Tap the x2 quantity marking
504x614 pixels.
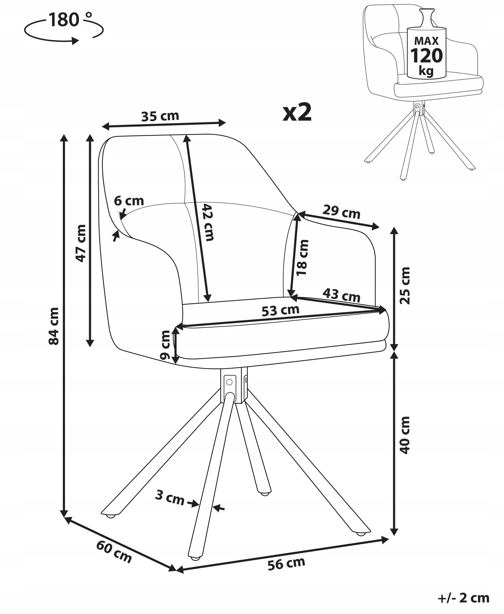297,112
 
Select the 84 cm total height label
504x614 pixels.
54,326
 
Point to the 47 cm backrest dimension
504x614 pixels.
81,243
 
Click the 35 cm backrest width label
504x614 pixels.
160,116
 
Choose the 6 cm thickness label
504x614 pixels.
129,201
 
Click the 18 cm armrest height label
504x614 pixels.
302,257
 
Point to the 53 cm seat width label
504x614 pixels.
281,310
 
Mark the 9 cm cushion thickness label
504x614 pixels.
165,345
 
